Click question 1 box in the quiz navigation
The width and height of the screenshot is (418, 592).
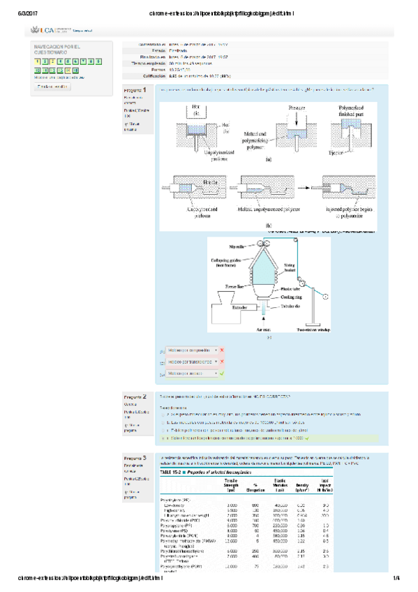36,61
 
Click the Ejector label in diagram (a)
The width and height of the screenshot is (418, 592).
336,150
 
